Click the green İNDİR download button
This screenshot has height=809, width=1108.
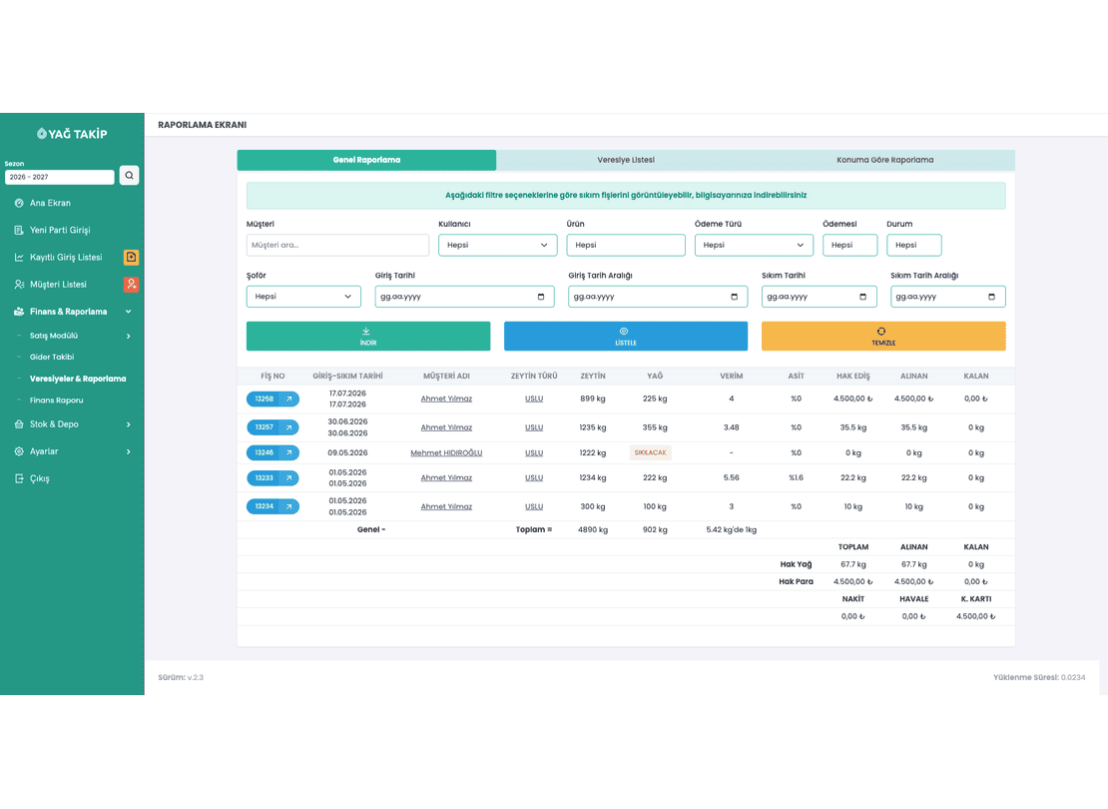368,336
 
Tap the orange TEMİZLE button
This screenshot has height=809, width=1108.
883,336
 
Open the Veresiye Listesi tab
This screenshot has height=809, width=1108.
625,160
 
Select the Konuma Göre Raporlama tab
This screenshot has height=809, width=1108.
884,160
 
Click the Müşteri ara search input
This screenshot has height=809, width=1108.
337,245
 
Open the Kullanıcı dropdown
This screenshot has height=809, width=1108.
497,245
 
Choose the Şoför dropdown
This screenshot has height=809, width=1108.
303,297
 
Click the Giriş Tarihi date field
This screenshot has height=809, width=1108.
464,297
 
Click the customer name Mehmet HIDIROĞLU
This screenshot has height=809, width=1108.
446,452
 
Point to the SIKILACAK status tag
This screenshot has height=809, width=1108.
650,452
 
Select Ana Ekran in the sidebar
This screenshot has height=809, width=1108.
50,203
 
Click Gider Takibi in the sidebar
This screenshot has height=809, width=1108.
52,358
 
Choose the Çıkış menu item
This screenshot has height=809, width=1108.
40,478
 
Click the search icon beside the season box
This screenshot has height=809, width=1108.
130,176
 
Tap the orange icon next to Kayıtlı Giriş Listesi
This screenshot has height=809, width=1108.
132,257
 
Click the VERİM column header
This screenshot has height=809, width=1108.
732,377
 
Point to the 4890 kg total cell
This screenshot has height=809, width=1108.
593,529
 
